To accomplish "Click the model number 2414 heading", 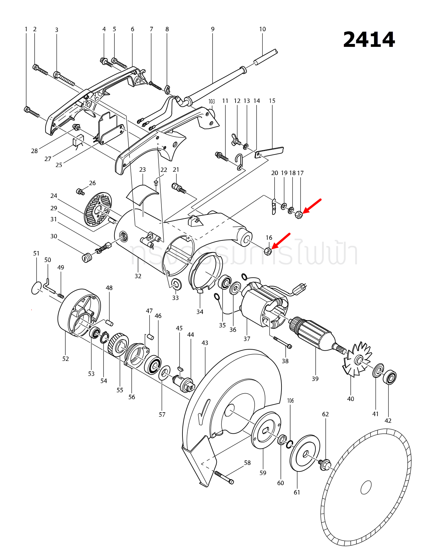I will click(x=369, y=39).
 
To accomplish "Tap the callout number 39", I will click(x=315, y=379).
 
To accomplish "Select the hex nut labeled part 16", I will click(x=268, y=251).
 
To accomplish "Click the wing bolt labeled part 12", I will click(x=236, y=140).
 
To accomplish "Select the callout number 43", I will click(x=205, y=343).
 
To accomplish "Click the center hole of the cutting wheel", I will click(x=366, y=487).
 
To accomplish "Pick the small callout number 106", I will click(x=291, y=401).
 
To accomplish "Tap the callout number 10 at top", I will click(x=262, y=29).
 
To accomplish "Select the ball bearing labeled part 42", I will click(x=390, y=377).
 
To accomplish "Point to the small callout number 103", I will click(x=212, y=101).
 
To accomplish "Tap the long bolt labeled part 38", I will click(x=282, y=343).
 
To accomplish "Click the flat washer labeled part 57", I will click(x=164, y=373).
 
